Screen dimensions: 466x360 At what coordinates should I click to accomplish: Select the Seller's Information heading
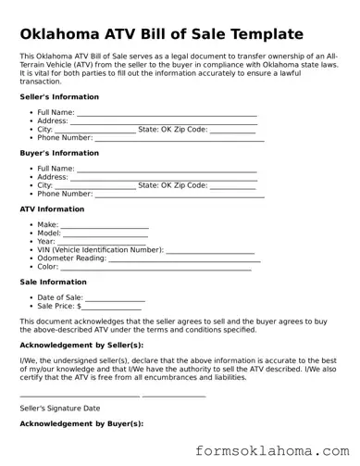pos(59,96)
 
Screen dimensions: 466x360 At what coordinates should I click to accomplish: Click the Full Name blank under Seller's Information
pos(167,113)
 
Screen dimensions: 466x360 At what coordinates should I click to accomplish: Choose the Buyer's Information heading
pos(59,153)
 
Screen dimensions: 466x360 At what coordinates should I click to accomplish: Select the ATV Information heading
pos(52,209)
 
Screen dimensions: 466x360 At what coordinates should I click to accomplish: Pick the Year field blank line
pos(101,243)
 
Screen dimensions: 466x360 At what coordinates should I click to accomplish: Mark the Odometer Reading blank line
pos(184,259)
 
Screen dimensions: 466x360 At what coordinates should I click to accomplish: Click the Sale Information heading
pos(54,283)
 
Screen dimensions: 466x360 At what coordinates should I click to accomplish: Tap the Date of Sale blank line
pos(116,298)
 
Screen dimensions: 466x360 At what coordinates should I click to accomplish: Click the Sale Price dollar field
pos(112,307)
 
